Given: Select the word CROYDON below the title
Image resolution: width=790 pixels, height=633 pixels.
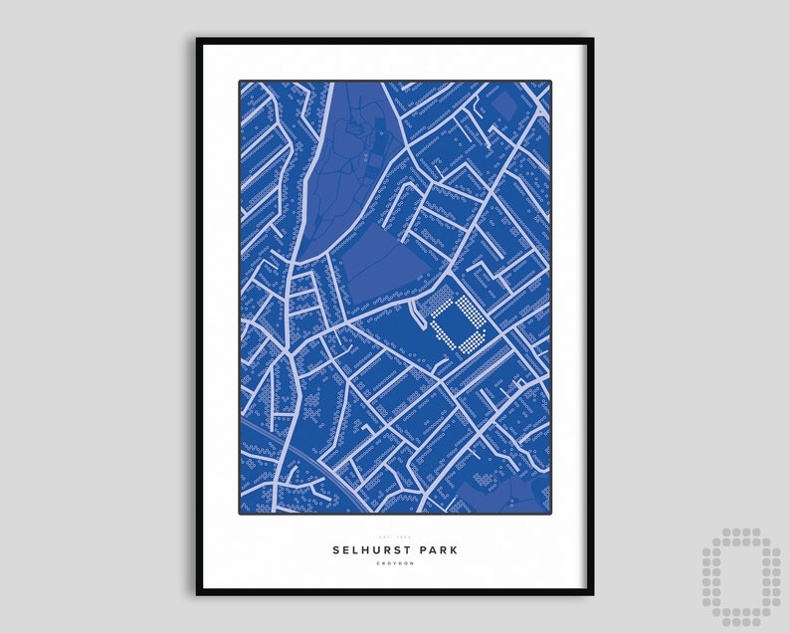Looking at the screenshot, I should [395, 564].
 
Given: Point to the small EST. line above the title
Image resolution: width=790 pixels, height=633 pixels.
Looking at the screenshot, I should [395, 537].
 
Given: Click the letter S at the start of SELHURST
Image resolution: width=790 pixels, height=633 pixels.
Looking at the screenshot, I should [336, 549].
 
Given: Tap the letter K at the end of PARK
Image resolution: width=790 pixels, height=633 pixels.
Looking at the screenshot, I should [456, 549].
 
